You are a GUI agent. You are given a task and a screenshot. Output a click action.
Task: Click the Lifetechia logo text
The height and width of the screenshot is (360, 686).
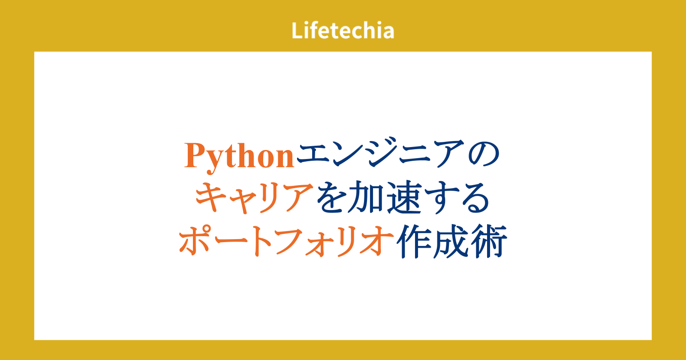pos(343,30)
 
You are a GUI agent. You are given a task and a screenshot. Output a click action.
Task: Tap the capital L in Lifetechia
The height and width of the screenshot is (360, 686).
pos(297,30)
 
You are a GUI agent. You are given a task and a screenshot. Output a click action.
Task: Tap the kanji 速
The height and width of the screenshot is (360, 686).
pos(405,198)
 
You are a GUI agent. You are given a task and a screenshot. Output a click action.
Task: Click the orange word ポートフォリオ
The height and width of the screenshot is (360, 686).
pos(286,241)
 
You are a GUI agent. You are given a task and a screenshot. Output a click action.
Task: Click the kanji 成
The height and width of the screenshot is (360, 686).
pos(451,241)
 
